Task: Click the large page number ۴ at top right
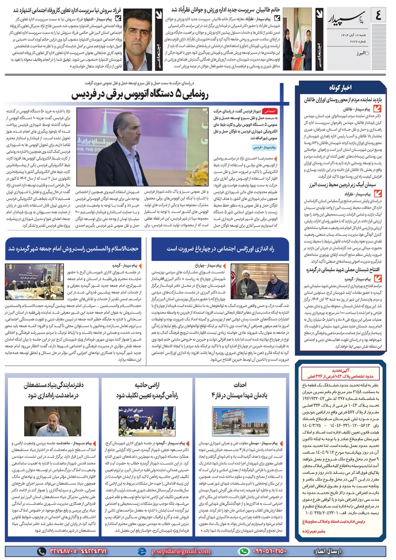tap(378, 17)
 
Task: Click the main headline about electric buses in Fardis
tap(140, 95)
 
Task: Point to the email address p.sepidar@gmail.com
tap(181, 551)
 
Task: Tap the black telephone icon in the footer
tap(41, 551)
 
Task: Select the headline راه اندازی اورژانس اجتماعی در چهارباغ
tap(220, 249)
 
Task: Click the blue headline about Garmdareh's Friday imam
tap(74, 249)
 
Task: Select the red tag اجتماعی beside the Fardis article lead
tap(271, 112)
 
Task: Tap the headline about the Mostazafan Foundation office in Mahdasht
tap(53, 390)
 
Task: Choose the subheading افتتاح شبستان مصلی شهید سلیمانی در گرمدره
tap(343, 270)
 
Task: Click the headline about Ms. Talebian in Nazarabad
tap(226, 9)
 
